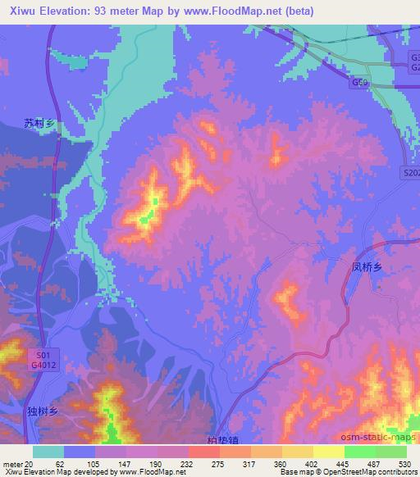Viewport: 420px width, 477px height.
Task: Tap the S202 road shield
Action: coord(412,173)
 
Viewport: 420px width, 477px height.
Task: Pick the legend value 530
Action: coord(405,463)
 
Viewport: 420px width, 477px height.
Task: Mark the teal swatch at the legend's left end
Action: coord(48,452)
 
